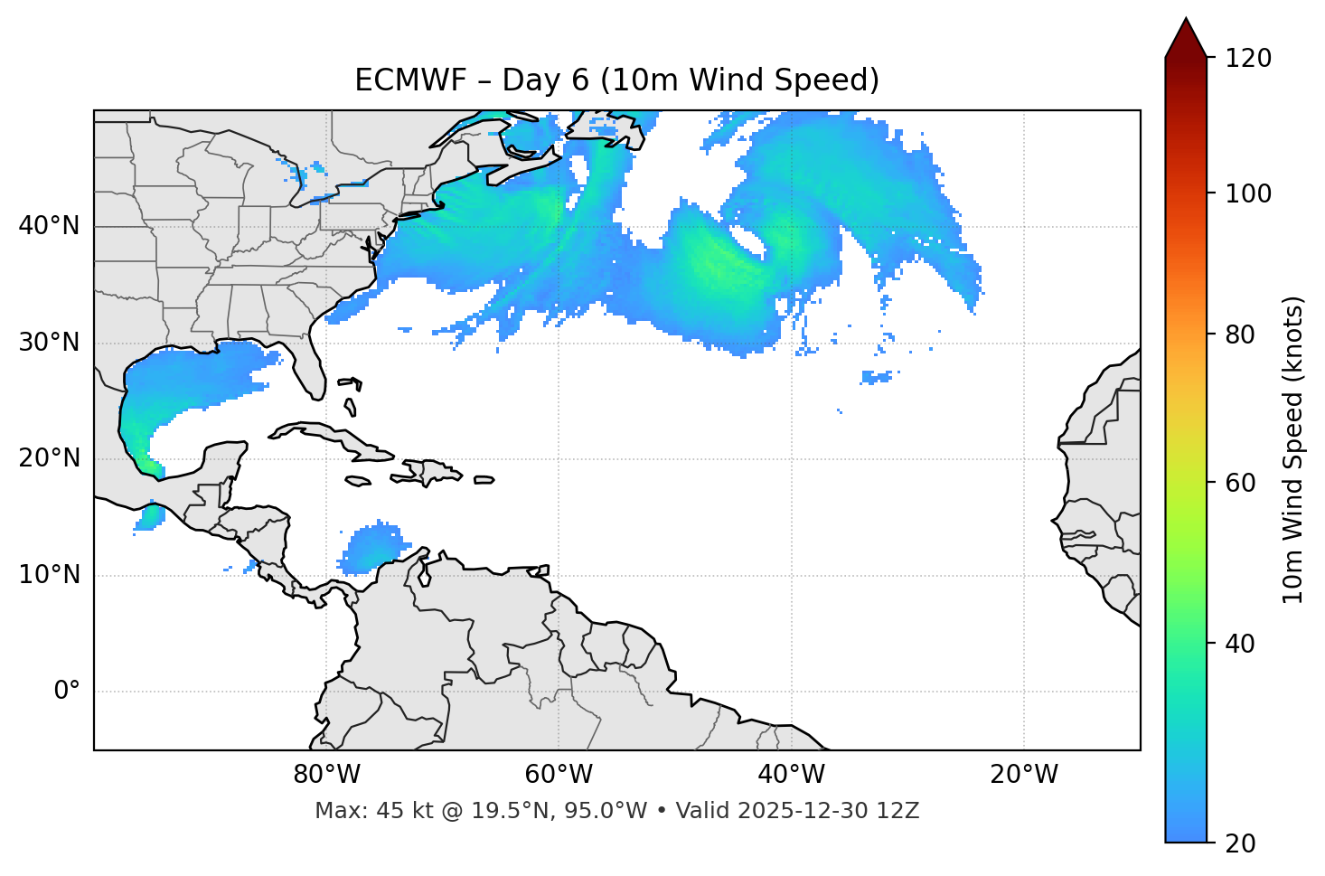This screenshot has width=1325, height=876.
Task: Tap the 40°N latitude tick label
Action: coord(49,226)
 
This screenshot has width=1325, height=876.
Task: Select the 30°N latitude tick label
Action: coord(49,343)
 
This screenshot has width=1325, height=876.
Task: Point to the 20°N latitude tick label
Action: coord(49,458)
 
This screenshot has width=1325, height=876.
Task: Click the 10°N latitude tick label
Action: coord(49,575)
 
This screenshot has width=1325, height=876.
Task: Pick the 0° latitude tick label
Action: coord(67,692)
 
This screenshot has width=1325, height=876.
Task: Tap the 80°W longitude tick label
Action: coord(326,775)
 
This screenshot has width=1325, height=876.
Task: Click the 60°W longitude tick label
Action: coord(559,775)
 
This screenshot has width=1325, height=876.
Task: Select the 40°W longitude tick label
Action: coord(791,775)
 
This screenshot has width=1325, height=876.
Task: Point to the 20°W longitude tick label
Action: coord(1023,775)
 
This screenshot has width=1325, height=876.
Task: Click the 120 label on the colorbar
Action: coord(1248,59)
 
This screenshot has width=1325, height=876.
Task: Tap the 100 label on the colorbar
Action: coord(1248,193)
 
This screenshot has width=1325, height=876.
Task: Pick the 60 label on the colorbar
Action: coord(1243,483)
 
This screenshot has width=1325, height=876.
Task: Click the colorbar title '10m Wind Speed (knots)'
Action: coord(1293,450)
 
